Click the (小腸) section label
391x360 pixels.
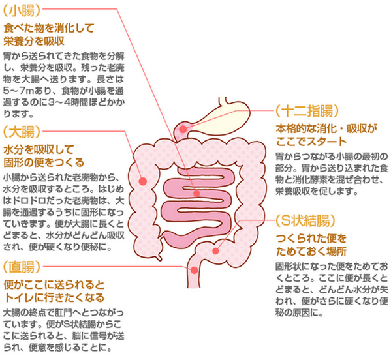click(x=22, y=10)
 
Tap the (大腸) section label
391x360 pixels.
click(x=22, y=132)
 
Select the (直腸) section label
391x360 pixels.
click(x=22, y=267)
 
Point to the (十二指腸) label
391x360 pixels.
click(x=307, y=111)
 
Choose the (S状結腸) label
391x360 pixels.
click(x=305, y=220)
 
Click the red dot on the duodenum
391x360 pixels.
click(x=183, y=129)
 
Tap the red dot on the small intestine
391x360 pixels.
click(x=196, y=193)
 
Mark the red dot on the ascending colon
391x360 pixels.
click(x=143, y=181)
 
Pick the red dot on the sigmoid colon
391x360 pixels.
click(x=215, y=251)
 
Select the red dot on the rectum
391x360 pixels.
click(x=194, y=270)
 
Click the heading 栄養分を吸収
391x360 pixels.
click(x=34, y=41)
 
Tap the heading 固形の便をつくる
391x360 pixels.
click(x=44, y=162)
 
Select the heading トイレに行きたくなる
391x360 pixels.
click(x=54, y=297)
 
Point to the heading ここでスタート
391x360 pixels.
click(x=311, y=142)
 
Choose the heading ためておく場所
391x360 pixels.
click(x=311, y=252)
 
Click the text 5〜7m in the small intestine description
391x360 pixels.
click(x=18, y=91)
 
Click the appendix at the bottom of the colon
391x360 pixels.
click(x=159, y=256)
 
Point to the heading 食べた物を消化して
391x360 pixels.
click(x=48, y=28)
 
